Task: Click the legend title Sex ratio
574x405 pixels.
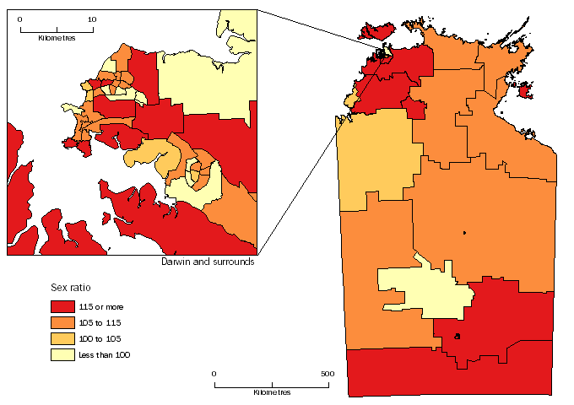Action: click(x=67, y=288)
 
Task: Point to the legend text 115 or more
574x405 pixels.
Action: click(x=106, y=306)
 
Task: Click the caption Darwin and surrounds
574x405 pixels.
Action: click(x=207, y=262)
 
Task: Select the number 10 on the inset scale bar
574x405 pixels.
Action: click(x=91, y=19)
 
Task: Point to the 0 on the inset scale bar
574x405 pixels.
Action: click(x=20, y=19)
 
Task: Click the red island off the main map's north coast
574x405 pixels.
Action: click(x=376, y=32)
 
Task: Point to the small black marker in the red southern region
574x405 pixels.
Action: click(x=458, y=336)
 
